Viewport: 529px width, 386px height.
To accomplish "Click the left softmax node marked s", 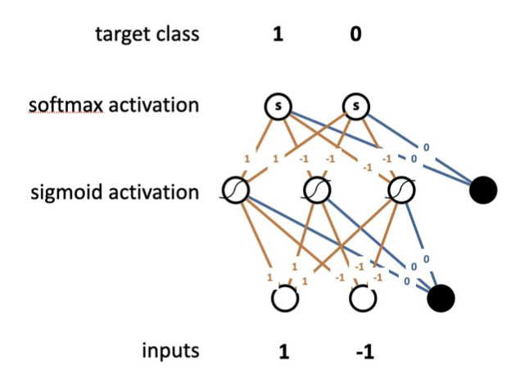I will [x=278, y=106].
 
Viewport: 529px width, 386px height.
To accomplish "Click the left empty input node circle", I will [x=284, y=299].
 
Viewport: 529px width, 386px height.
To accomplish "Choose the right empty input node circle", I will [x=363, y=299].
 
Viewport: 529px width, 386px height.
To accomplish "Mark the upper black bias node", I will [x=483, y=191].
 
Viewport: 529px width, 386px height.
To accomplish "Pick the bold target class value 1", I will [x=278, y=35].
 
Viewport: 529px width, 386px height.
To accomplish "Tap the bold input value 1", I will [x=284, y=352].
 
